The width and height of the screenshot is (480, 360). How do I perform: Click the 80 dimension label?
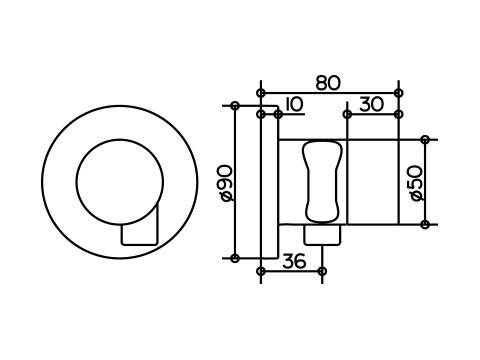tap(328, 83)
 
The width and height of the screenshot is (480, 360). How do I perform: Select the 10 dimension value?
tap(295, 104)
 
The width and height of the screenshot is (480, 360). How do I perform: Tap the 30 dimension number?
tap(371, 105)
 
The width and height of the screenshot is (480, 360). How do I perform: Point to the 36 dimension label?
tap(294, 261)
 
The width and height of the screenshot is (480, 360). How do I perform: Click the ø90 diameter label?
tap(227, 183)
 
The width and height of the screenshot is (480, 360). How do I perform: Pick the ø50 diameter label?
tap(417, 183)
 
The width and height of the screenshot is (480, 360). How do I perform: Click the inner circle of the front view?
tap(120, 182)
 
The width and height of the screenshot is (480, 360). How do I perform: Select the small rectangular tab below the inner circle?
tap(139, 234)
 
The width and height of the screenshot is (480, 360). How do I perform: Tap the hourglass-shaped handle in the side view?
tap(322, 182)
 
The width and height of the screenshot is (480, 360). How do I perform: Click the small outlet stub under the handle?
tap(322, 235)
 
